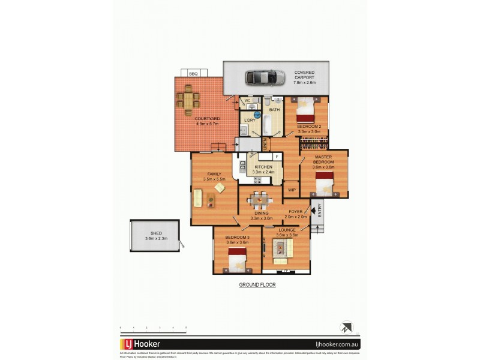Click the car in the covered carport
(265, 77)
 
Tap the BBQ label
(193, 73)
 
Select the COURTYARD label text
(207, 119)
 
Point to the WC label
(247, 100)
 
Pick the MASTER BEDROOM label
(323, 160)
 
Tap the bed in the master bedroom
(325, 182)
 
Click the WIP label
(292, 190)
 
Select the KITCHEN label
(263, 167)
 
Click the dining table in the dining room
(260, 199)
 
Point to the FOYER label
(295, 211)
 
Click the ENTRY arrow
(312, 211)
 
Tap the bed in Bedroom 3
(238, 259)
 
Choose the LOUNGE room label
(286, 230)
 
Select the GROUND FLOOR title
(257, 285)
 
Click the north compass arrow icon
(346, 328)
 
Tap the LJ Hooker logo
(140, 344)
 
